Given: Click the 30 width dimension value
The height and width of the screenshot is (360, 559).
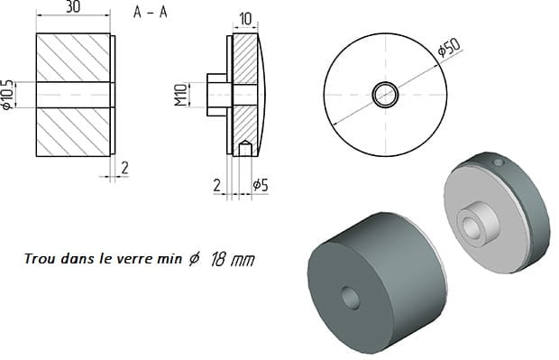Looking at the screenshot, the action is pyautogui.click(x=73, y=6).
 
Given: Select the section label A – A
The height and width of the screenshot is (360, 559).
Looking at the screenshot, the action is pyautogui.click(x=150, y=13).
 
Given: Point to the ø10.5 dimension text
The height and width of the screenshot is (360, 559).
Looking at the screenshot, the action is pyautogui.click(x=7, y=95).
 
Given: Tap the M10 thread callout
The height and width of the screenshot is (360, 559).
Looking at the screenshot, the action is pyautogui.click(x=181, y=95).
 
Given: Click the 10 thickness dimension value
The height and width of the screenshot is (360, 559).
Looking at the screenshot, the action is pyautogui.click(x=245, y=19).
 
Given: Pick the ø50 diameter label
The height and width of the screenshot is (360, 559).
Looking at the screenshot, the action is pyautogui.click(x=449, y=48).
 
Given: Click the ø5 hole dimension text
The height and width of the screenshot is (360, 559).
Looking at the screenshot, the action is pyautogui.click(x=261, y=185).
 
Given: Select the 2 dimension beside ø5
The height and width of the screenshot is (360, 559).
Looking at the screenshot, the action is pyautogui.click(x=217, y=186).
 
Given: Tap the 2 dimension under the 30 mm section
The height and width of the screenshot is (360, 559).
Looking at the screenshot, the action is pyautogui.click(x=124, y=168).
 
